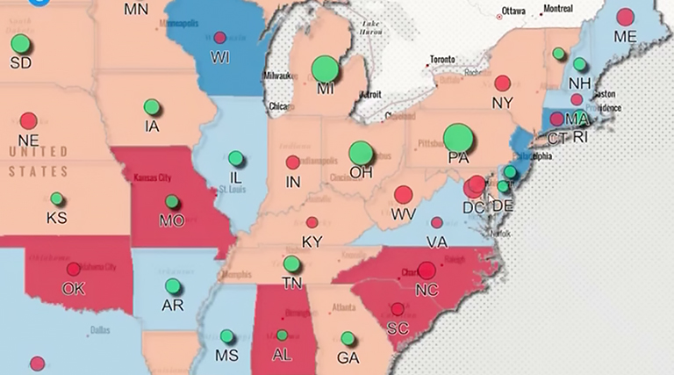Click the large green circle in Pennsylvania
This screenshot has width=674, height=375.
tap(458, 138)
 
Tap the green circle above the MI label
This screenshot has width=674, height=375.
tap(325, 69)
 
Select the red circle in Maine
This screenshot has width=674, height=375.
tap(625, 17)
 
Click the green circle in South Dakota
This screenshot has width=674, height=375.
tap(20, 43)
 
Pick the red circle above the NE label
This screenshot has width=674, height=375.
tap(28, 120)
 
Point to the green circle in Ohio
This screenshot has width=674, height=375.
tap(361, 153)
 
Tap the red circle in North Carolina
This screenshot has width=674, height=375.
tap(427, 270)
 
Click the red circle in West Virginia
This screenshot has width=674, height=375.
tap(403, 195)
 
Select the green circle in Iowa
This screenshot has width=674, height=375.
tap(152, 107)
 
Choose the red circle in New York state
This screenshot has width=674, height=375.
tap(502, 83)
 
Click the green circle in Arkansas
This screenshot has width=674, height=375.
tap(173, 286)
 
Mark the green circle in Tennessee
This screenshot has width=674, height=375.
tap(291, 263)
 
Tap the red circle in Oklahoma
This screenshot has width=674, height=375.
tap(73, 270)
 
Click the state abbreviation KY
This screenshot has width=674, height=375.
tap(312, 242)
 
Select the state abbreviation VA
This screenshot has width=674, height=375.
tap(436, 242)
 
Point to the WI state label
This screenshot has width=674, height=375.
tap(219, 57)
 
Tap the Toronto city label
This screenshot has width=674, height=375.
tap(442, 60)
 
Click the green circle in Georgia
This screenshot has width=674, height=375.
tap(348, 338)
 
